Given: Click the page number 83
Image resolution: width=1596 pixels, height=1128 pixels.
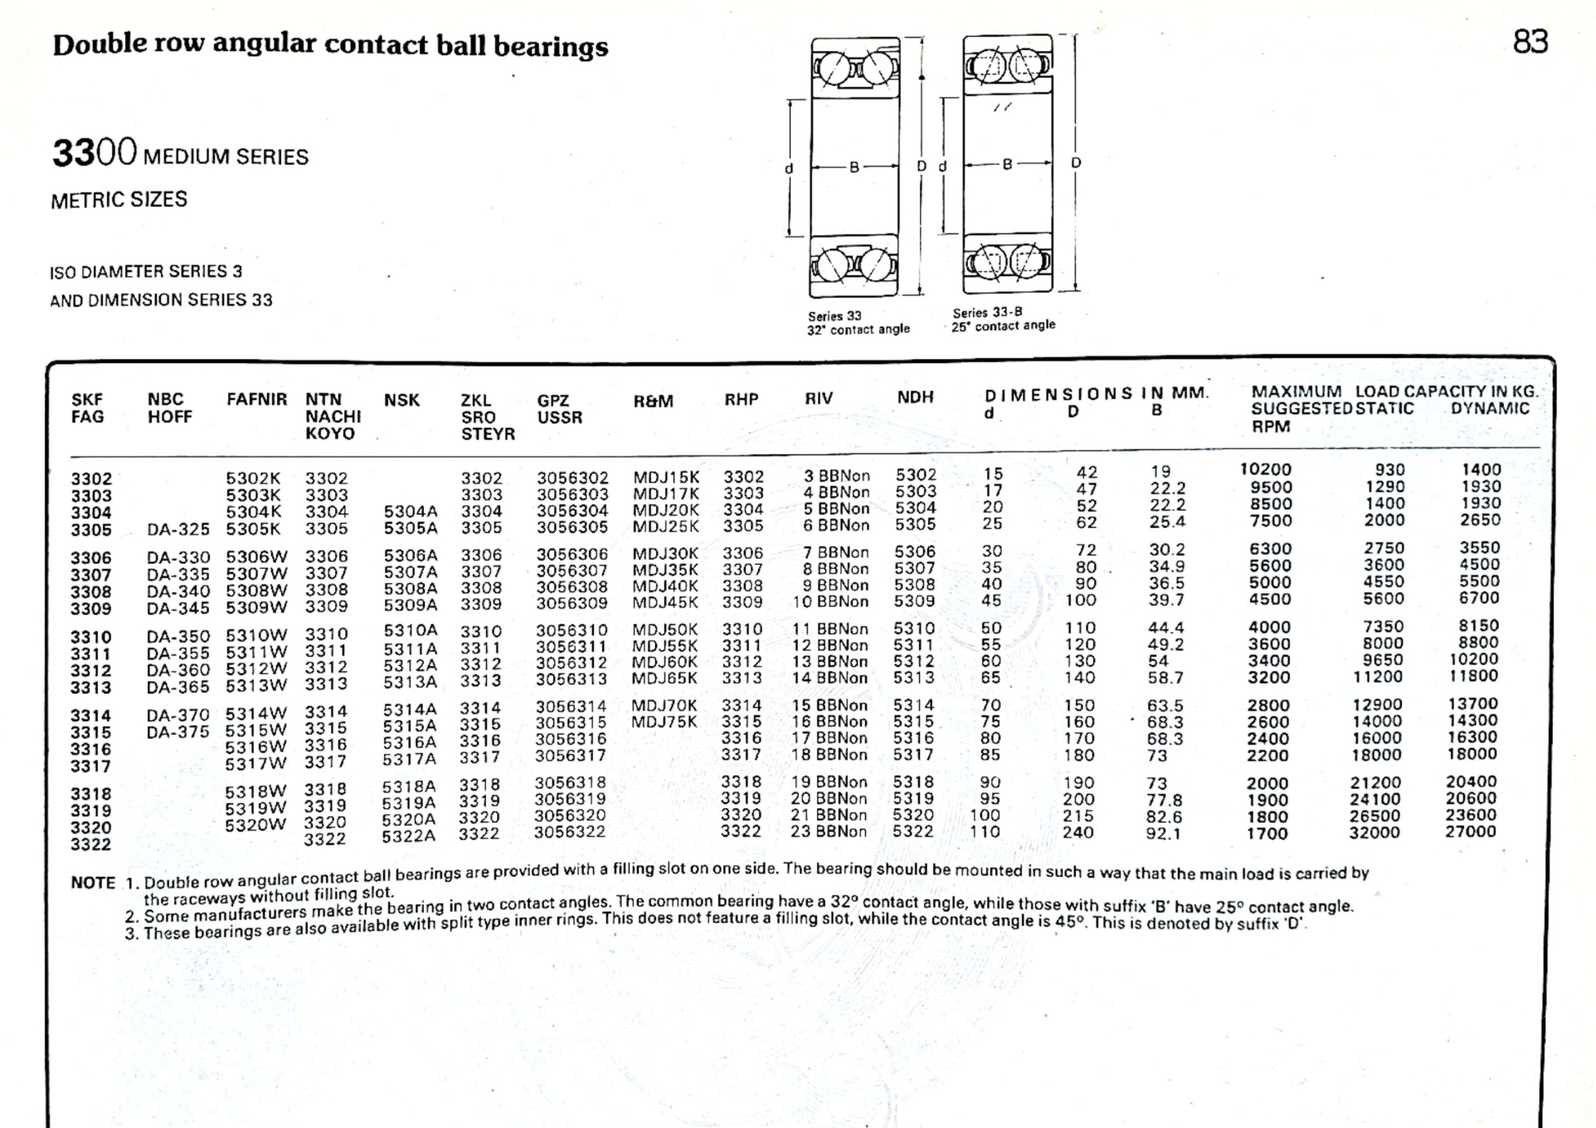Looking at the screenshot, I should [1530, 41].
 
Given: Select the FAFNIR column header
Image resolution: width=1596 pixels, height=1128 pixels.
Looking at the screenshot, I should [256, 399].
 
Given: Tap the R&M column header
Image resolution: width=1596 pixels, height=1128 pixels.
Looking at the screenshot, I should [653, 401].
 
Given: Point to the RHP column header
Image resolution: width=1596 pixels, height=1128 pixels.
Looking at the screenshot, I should [741, 399].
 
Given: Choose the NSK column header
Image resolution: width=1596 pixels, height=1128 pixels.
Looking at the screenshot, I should [401, 400].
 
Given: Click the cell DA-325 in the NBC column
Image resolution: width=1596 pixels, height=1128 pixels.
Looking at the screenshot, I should [178, 529].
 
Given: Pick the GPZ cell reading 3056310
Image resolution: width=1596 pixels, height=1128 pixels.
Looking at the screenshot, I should [571, 630].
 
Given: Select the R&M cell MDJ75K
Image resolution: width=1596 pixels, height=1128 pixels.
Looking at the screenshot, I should [664, 722].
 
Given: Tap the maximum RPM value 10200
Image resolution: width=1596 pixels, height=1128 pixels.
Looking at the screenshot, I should [1265, 469].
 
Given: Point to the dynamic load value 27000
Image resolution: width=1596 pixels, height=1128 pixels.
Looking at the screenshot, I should [1470, 830].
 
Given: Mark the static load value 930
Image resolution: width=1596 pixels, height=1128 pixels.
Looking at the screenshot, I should [1389, 470].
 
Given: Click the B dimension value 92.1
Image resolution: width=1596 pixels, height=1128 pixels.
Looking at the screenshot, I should [1163, 834].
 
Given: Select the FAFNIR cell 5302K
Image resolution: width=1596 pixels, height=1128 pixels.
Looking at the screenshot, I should [253, 478].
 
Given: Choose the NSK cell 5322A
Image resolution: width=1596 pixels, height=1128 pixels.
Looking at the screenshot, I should [409, 836].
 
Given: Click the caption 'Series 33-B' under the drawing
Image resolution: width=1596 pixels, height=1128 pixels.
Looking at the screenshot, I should [987, 312].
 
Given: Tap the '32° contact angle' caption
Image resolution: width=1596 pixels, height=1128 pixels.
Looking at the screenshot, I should [858, 329].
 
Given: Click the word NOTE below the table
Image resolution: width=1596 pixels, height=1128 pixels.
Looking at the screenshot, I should [93, 882].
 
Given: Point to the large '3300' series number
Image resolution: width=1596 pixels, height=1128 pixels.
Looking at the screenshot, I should [94, 152].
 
